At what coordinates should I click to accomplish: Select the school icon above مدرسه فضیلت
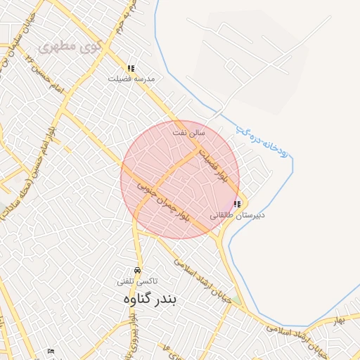tap(131, 68)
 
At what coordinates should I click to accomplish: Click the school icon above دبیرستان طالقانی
tap(236, 204)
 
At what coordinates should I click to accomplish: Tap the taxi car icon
tap(136, 271)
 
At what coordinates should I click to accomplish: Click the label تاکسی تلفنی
tap(136, 281)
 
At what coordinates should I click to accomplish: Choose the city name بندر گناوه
tap(152, 299)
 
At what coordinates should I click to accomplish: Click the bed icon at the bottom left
tap(50, 351)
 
